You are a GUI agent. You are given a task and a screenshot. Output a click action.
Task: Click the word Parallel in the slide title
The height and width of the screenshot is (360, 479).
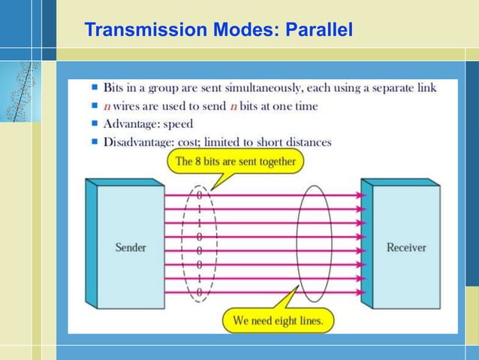320,30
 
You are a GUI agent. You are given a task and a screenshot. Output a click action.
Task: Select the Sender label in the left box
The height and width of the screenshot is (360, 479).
131,247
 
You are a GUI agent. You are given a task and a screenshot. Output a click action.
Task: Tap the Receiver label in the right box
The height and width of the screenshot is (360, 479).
405,247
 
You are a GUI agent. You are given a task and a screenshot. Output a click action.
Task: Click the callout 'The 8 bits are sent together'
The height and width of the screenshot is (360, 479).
235,161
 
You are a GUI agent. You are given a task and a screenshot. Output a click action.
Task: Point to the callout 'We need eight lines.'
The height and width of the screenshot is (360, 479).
277,320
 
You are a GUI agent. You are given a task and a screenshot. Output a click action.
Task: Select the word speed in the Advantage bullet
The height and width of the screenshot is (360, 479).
177,124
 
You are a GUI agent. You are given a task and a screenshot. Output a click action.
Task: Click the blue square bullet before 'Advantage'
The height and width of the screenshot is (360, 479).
95,124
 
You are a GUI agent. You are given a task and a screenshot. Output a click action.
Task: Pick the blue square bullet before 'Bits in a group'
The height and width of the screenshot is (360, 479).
95,88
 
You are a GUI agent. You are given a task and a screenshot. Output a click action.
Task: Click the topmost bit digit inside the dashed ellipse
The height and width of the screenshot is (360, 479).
199,195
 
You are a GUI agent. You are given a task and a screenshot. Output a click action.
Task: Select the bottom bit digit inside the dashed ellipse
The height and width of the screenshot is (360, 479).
199,292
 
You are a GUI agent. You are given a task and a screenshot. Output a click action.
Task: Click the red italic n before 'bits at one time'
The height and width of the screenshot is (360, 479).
233,106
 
